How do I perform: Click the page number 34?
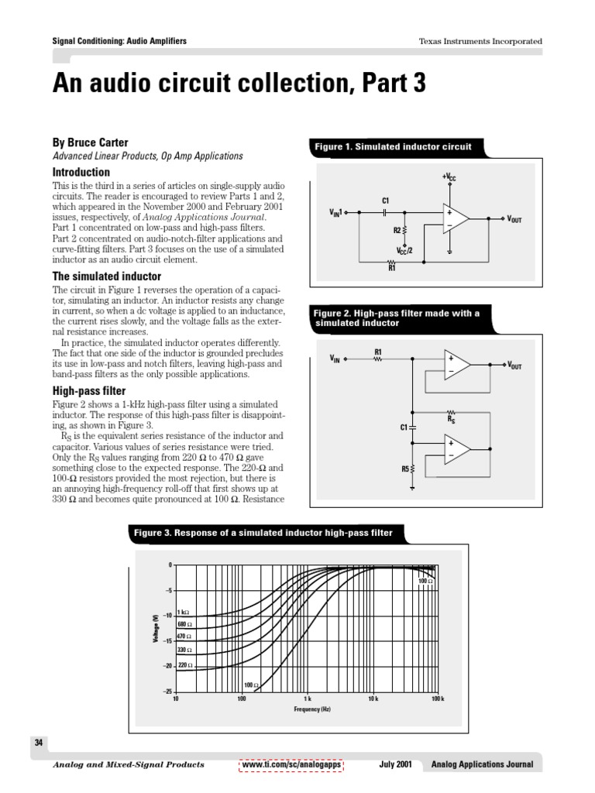click(x=38, y=743)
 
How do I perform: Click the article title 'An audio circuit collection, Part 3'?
click(x=239, y=84)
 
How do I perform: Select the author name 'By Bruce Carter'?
click(x=90, y=142)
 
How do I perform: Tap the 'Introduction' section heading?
click(x=81, y=172)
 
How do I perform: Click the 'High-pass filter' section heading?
click(x=88, y=391)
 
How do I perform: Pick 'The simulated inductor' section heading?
click(x=106, y=276)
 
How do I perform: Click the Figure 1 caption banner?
click(x=390, y=146)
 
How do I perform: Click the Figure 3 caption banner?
click(x=263, y=533)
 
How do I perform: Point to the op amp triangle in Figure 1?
click(x=456, y=218)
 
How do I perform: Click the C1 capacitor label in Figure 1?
click(x=385, y=201)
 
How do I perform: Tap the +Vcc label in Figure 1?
click(x=449, y=178)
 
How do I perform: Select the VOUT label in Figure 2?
click(x=514, y=365)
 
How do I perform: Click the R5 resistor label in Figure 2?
click(x=404, y=469)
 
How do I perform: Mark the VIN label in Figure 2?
click(x=335, y=359)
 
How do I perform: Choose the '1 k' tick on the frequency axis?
click(x=307, y=699)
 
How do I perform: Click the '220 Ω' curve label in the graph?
click(x=185, y=665)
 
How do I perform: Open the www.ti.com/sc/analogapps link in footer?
click(x=292, y=764)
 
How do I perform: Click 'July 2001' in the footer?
click(x=395, y=764)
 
